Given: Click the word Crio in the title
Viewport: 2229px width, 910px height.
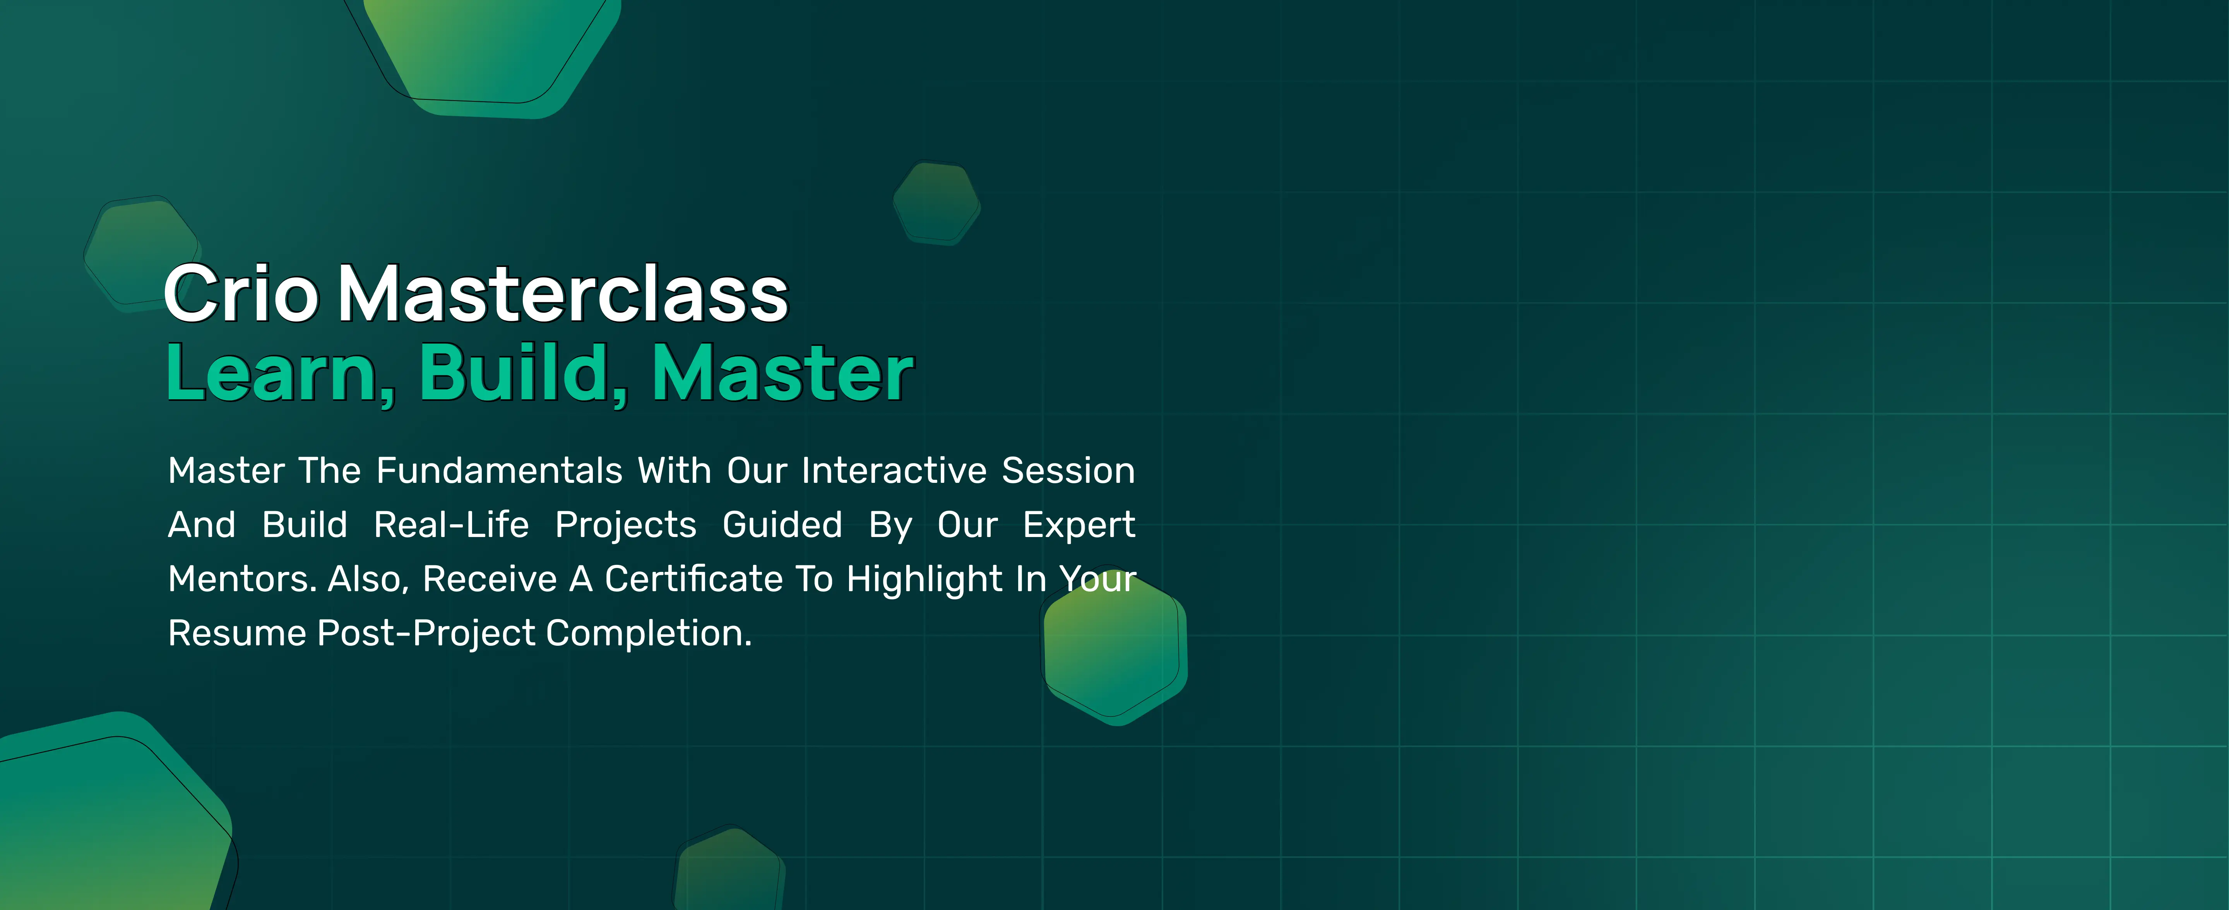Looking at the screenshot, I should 241,294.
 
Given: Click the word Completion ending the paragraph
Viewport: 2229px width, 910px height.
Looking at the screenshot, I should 649,633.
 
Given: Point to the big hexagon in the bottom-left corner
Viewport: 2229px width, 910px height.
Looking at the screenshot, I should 104,822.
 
